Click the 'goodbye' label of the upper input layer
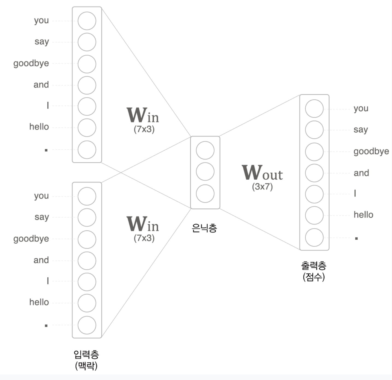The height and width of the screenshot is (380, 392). coord(31,63)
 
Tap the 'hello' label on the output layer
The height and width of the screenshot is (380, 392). coord(363,215)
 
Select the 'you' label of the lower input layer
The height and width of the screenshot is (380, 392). coord(41,196)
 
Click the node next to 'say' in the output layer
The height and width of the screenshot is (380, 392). coord(314,130)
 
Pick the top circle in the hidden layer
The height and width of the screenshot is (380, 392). coord(205,150)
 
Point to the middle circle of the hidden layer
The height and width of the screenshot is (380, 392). coord(205,172)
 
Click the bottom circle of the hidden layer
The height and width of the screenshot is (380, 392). coord(205,194)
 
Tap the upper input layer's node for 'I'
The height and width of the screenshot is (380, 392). coord(87,106)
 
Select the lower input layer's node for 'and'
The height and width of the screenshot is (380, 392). coord(87,261)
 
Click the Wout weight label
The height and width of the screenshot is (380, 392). coord(262,173)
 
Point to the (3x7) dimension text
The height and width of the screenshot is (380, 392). coord(262,187)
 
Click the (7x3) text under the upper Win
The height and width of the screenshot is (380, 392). coord(144,129)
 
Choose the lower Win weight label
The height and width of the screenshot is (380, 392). coord(142,224)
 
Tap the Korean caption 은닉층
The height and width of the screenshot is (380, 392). coord(204,228)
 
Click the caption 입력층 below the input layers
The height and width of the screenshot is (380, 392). coord(86,355)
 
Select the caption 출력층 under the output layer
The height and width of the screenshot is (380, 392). coord(314,265)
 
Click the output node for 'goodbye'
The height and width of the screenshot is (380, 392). coord(314,152)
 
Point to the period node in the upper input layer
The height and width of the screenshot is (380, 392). coord(87,150)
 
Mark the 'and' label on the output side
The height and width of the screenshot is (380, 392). coord(361,173)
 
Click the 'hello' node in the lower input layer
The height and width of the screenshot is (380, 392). coord(87,303)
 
